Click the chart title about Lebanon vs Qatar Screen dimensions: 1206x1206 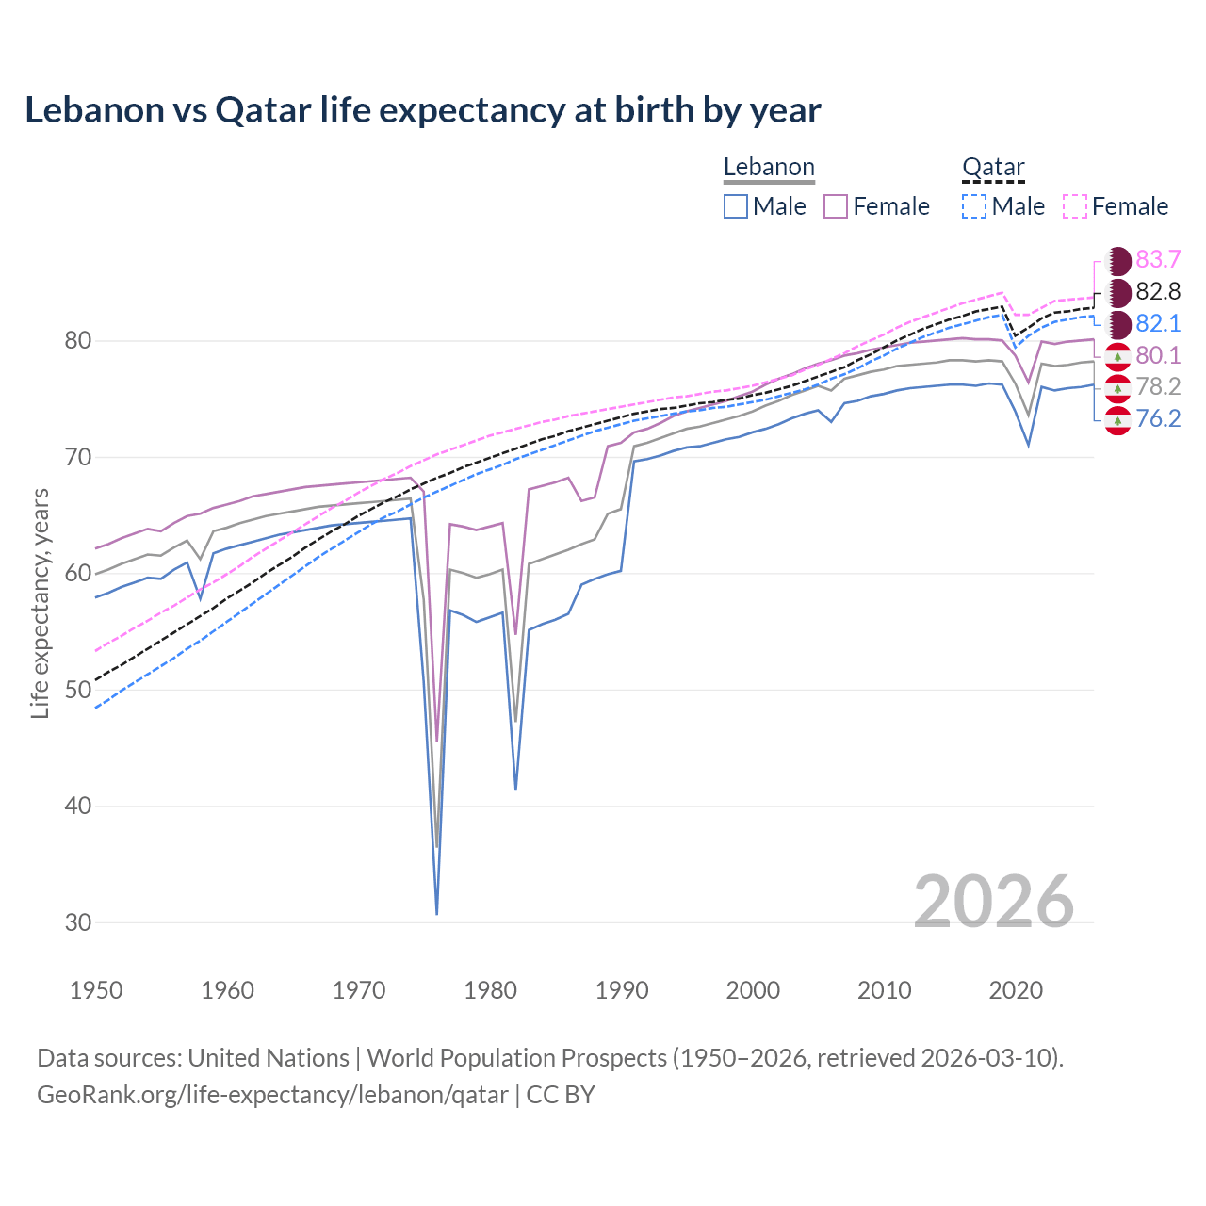pyautogui.click(x=422, y=110)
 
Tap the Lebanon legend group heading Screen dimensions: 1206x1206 pyautogui.click(x=769, y=168)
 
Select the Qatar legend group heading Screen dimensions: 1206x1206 pyautogui.click(x=993, y=168)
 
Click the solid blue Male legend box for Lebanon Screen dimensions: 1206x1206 pyautogui.click(x=736, y=206)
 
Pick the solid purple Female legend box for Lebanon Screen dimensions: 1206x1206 pyautogui.click(x=836, y=206)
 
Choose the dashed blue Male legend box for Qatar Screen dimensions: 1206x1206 pyautogui.click(x=974, y=206)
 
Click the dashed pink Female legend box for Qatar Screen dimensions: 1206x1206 pyautogui.click(x=1075, y=206)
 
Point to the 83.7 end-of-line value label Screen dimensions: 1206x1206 pyautogui.click(x=1158, y=260)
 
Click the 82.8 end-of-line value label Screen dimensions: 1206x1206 pyautogui.click(x=1158, y=292)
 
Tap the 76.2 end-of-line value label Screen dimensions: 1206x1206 pyautogui.click(x=1158, y=419)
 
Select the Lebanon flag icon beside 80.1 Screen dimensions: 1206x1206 pyautogui.click(x=1117, y=356)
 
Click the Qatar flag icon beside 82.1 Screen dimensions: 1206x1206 pyautogui.click(x=1117, y=324)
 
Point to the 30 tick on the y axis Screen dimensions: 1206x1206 pyautogui.click(x=78, y=922)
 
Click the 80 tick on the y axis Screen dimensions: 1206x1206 pyautogui.click(x=78, y=341)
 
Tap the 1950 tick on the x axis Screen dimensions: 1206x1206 pyautogui.click(x=96, y=990)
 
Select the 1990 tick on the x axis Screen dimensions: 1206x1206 pyautogui.click(x=622, y=990)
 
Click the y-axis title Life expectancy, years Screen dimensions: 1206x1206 pyautogui.click(x=40, y=604)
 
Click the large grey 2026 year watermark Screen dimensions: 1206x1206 pyautogui.click(x=994, y=902)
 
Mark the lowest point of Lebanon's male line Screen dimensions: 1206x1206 pyautogui.click(x=437, y=913)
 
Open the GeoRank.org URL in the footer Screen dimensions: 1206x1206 pyautogui.click(x=272, y=1095)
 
